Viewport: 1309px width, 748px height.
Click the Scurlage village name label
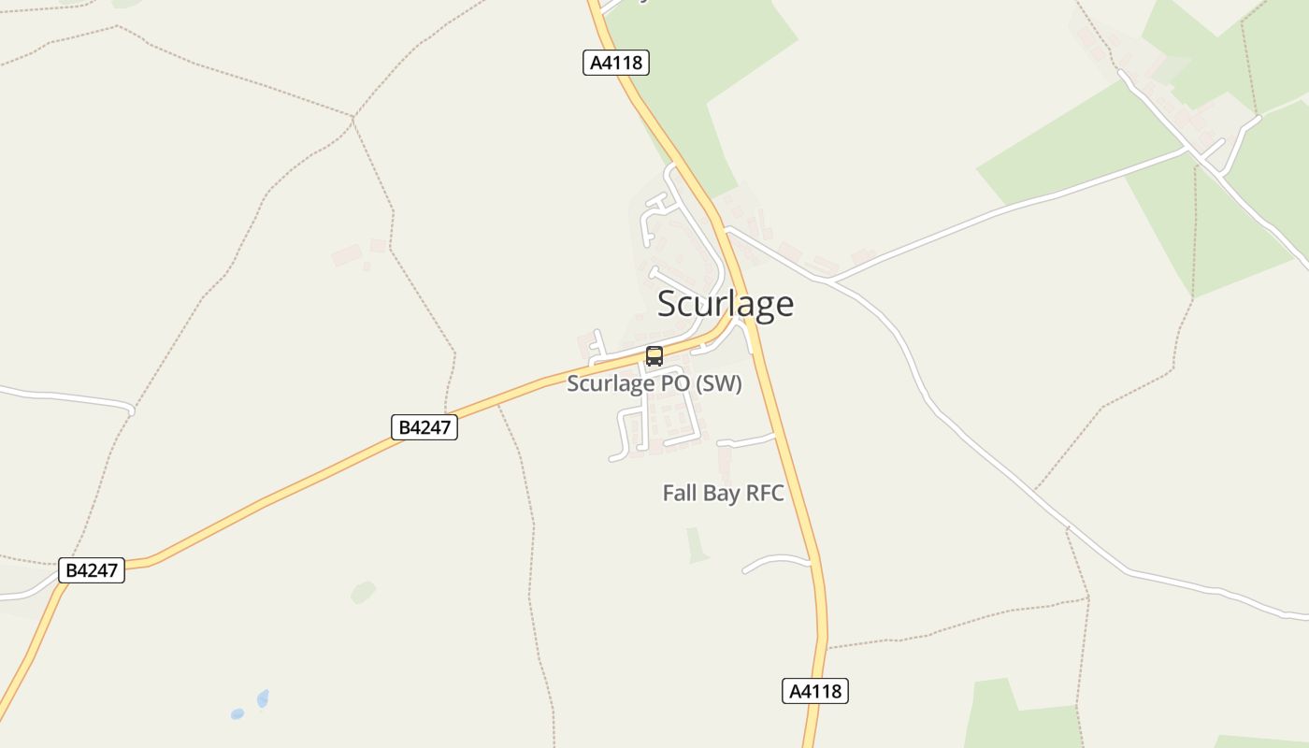pos(726,304)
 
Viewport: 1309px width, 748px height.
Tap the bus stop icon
pos(654,356)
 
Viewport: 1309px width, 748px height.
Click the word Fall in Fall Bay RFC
pos(680,494)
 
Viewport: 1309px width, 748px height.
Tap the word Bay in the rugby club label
pos(721,494)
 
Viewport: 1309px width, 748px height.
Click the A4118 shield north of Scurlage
pos(615,63)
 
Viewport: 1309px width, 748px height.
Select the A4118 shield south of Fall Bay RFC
pos(814,691)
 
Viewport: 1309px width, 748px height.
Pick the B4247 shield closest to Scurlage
pos(424,427)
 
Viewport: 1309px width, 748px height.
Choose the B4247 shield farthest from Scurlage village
pos(92,569)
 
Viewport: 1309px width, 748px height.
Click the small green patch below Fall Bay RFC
pos(697,545)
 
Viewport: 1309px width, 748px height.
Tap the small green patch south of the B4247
pos(363,592)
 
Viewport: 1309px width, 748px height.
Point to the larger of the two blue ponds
pos(263,698)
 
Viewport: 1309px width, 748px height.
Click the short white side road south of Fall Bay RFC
pos(776,561)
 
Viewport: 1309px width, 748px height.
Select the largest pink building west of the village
pos(346,254)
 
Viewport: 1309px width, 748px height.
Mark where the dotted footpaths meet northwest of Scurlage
pos(352,117)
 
